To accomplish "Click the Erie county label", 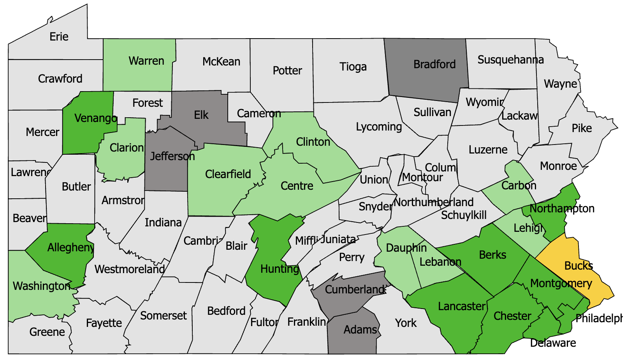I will tap(59, 37).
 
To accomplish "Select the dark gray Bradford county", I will tap(428, 74).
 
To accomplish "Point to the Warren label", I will tap(146, 61).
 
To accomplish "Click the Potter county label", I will tap(287, 71).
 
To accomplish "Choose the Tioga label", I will tap(353, 67).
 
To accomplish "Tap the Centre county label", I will tap(297, 186).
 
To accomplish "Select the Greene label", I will tap(47, 332).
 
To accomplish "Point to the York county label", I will tap(406, 323).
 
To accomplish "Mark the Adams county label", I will tap(360, 330).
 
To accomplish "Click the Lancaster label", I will tap(462, 306).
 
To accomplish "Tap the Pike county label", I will tap(582, 128).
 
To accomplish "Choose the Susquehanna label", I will tap(510, 60).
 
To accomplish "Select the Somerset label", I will tap(163, 316).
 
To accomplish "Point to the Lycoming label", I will tap(379, 127).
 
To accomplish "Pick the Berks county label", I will tap(492, 255).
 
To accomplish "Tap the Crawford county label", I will tap(60, 79).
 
